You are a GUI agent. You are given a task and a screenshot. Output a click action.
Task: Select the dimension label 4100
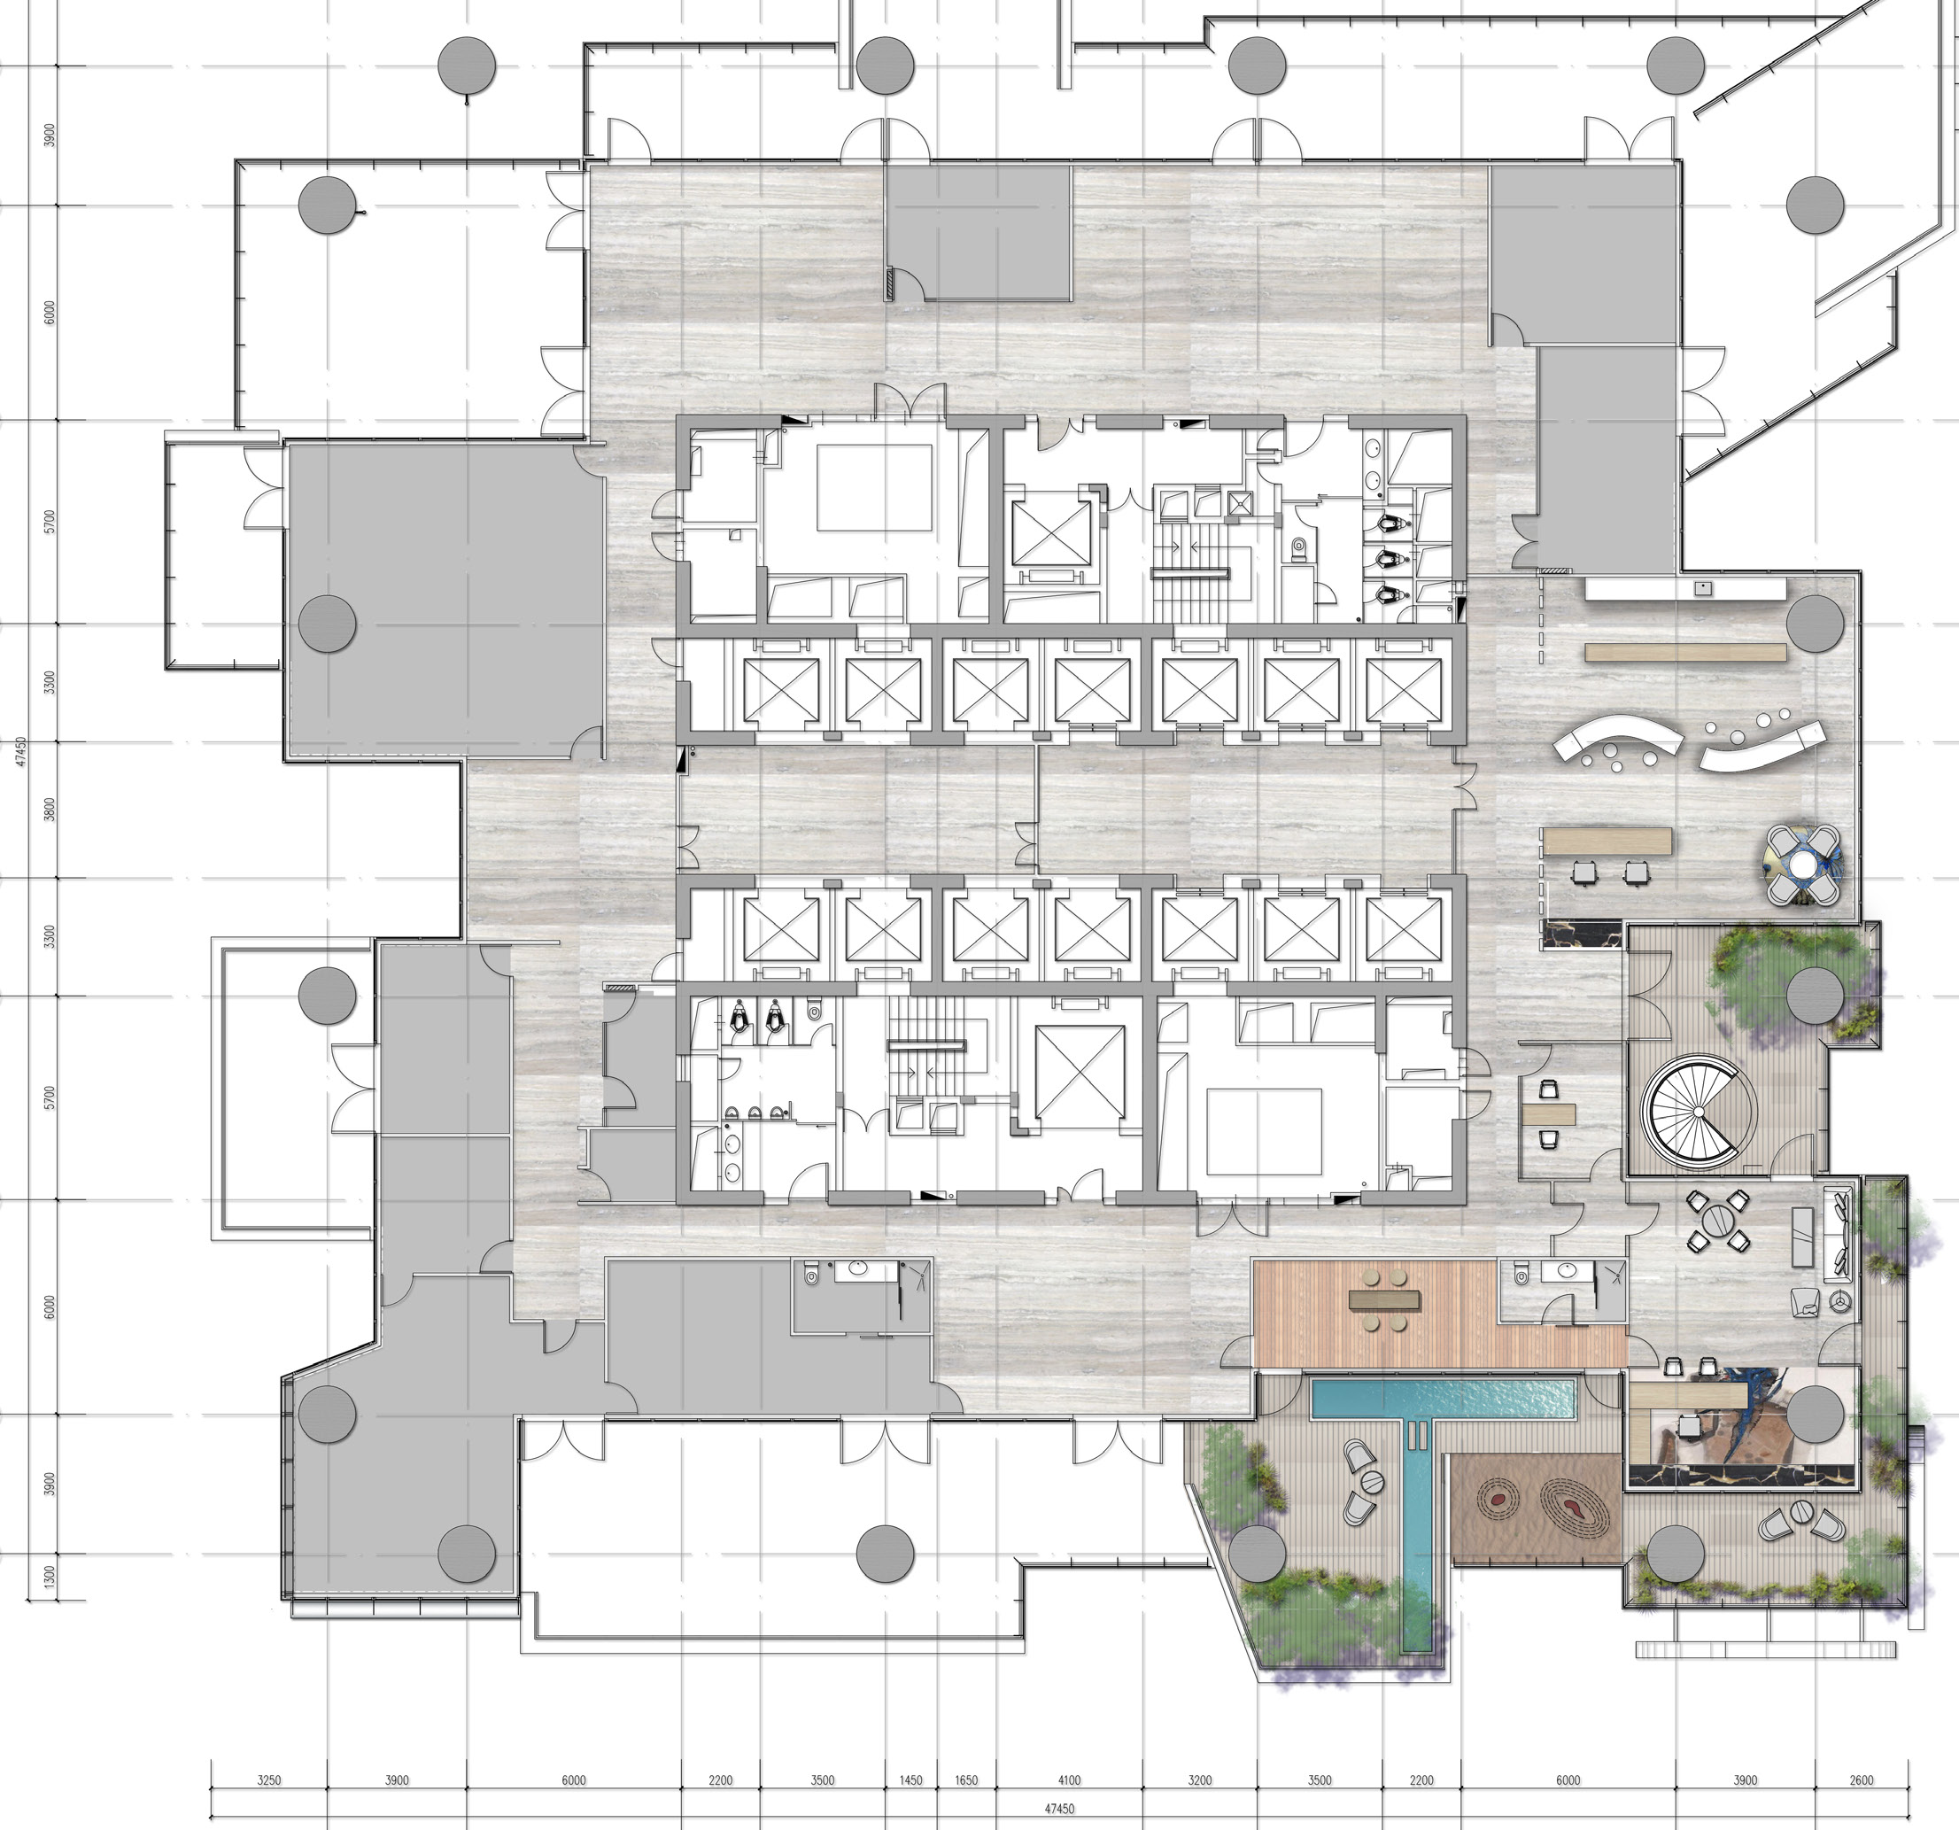tap(1069, 1780)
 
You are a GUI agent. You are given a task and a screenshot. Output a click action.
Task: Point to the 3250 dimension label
tap(269, 1780)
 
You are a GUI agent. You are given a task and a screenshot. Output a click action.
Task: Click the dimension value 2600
tap(1862, 1780)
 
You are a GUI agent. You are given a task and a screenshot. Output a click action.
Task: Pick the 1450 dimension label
tap(910, 1780)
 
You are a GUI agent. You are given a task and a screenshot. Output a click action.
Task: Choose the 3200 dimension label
tap(1200, 1780)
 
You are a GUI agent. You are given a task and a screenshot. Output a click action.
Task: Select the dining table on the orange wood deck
tap(1385, 1299)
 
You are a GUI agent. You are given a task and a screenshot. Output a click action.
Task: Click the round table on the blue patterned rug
tap(1802, 865)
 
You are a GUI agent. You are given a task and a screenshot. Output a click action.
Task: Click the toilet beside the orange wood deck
tap(1522, 1275)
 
